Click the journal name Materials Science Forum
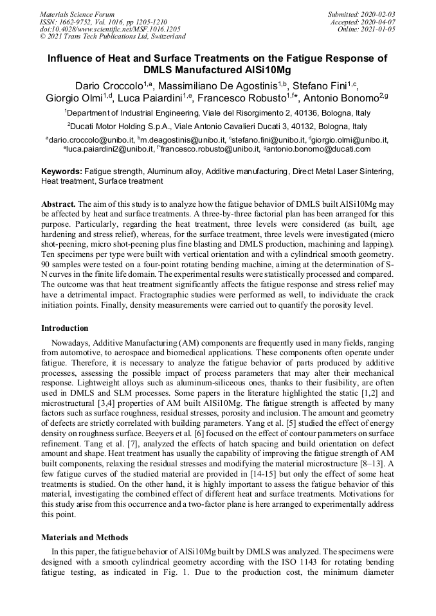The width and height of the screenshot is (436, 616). point(77,13)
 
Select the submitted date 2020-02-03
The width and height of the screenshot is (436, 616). point(377,13)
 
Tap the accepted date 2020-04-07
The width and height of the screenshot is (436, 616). point(379,21)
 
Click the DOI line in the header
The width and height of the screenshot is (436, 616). point(110,29)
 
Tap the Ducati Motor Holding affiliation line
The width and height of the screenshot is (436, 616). point(219,127)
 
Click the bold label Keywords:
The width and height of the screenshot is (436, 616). point(62,172)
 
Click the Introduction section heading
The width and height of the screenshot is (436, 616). point(65,328)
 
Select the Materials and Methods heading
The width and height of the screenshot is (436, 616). point(85,538)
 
